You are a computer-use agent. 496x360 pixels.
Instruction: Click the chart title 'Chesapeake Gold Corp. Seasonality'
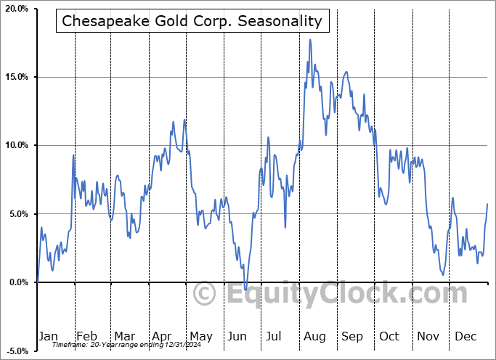(x=192, y=21)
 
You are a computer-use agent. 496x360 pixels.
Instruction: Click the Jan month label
(x=47, y=336)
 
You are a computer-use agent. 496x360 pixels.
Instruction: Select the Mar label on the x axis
(x=124, y=336)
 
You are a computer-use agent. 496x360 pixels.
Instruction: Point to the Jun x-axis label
(x=237, y=336)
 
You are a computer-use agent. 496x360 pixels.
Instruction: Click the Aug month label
(x=314, y=336)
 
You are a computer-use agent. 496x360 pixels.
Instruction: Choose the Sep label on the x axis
(x=352, y=336)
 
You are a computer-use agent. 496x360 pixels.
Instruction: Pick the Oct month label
(x=390, y=336)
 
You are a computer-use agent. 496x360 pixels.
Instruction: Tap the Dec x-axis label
(x=466, y=336)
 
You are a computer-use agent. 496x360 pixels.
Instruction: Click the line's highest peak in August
(x=310, y=40)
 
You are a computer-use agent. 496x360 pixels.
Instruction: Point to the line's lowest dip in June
(x=245, y=290)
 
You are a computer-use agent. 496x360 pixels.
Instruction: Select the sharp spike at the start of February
(x=73, y=155)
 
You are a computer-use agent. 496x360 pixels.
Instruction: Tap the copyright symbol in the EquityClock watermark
(x=205, y=295)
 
